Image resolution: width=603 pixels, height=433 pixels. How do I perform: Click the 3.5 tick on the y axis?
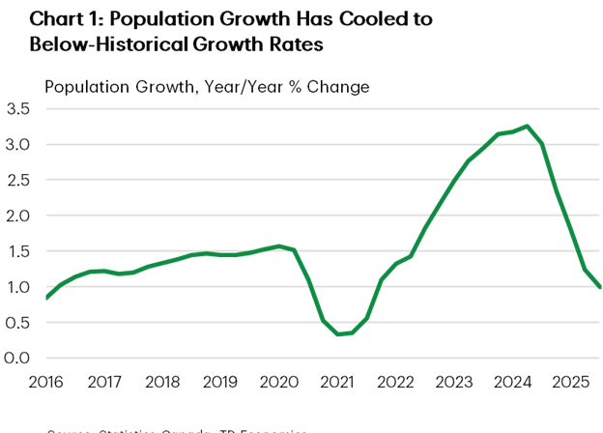click(x=18, y=108)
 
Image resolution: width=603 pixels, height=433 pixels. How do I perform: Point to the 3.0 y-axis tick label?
click(x=18, y=144)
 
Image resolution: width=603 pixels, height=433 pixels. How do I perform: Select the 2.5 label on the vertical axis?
click(x=18, y=180)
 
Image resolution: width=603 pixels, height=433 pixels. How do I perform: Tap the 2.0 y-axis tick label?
click(x=18, y=216)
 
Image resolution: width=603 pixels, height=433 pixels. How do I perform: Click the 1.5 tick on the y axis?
click(x=18, y=251)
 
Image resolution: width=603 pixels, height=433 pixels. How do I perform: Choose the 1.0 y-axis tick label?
click(x=18, y=287)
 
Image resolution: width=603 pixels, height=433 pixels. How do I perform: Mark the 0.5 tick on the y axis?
click(x=18, y=323)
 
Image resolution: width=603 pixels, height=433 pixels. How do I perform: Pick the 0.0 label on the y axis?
click(x=18, y=358)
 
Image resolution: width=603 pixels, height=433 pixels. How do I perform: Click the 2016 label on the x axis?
click(x=46, y=381)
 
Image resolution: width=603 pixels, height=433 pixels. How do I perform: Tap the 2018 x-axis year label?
click(x=163, y=381)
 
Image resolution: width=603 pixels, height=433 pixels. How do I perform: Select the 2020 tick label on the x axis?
click(x=279, y=381)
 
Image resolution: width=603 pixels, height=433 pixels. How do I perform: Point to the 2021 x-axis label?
click(x=338, y=381)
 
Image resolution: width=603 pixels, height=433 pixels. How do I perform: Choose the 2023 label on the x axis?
click(x=455, y=381)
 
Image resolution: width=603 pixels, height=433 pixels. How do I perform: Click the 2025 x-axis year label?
click(x=571, y=381)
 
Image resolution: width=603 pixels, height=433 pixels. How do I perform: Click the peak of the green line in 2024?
click(x=527, y=126)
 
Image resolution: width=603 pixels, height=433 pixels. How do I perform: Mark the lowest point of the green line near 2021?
click(x=339, y=334)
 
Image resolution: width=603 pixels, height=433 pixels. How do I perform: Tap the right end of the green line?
click(x=600, y=287)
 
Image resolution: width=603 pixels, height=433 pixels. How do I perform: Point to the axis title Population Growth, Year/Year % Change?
click(x=207, y=87)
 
